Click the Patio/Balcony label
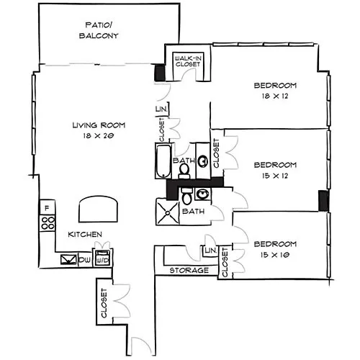coord(99,30)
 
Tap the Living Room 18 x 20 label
coord(99,130)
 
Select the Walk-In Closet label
coord(188,61)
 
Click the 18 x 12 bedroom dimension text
coord(275,96)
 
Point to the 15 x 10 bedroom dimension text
coord(275,255)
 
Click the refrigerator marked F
coord(48,207)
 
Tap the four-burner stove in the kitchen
coord(48,223)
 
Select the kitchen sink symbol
coord(68,259)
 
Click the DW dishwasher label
coord(85,259)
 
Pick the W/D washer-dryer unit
coord(103,258)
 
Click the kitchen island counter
coord(99,209)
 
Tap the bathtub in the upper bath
coord(163,161)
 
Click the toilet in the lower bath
coord(186,196)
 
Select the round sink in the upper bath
coord(203,161)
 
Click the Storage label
coord(189,271)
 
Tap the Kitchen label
coord(85,235)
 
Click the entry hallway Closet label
coord(104,303)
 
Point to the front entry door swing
coord(141,346)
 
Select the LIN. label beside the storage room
coord(211,251)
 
